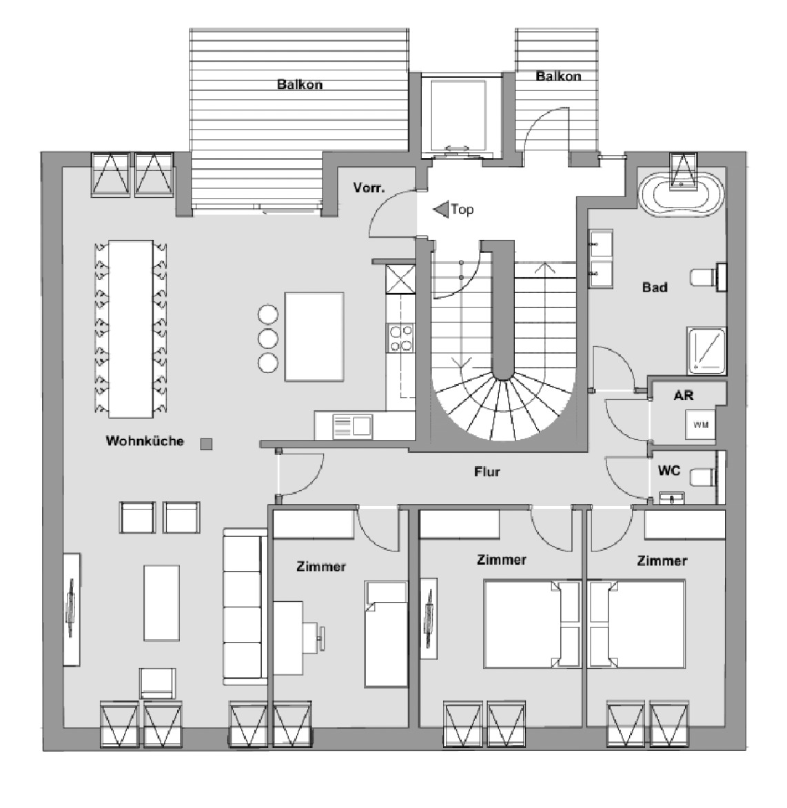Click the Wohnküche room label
[x=145, y=441]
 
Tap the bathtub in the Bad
[x=681, y=195]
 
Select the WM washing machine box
[x=700, y=425]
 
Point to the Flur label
[x=487, y=472]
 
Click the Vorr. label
[x=369, y=188]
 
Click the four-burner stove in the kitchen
[x=400, y=338]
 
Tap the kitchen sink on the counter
[x=352, y=427]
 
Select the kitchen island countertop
[x=314, y=337]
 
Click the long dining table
[x=131, y=329]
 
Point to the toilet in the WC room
[x=703, y=476]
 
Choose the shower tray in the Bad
[x=706, y=350]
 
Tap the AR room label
[x=684, y=395]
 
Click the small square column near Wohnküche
[x=206, y=444]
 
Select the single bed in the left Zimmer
[x=386, y=634]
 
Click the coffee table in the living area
[x=162, y=603]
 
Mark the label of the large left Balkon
[x=300, y=84]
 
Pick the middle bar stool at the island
[x=268, y=339]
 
